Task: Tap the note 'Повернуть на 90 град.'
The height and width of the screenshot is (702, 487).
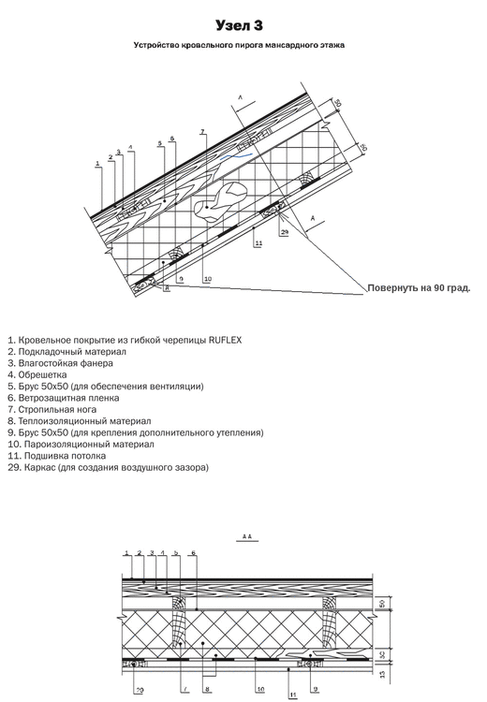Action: (417, 287)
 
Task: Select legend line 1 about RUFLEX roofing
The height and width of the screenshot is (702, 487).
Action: (124, 340)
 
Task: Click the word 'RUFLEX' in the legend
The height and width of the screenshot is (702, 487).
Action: (224, 340)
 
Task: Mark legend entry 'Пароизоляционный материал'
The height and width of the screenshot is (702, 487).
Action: (79, 445)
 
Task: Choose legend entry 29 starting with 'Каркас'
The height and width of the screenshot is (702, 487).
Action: (108, 467)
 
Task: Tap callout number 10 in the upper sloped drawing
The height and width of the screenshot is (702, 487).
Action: (207, 278)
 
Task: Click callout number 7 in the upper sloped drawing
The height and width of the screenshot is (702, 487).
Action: (202, 132)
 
